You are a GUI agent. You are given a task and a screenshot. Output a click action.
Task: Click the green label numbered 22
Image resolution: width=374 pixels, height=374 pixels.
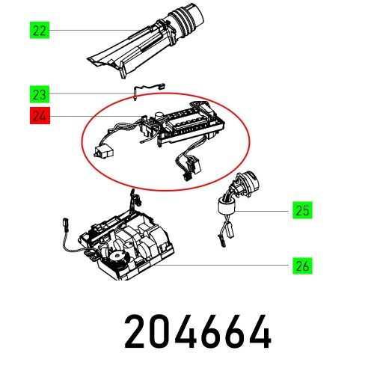[x=39, y=31]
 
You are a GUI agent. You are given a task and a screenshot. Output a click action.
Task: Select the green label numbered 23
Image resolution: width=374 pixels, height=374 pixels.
[x=39, y=94]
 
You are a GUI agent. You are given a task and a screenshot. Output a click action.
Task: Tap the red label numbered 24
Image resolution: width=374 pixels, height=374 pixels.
[x=39, y=116]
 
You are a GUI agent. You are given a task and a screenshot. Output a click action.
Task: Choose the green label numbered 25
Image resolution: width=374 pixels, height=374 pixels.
[x=301, y=211]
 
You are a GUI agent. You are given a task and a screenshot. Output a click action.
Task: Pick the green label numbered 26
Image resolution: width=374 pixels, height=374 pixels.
[x=301, y=265]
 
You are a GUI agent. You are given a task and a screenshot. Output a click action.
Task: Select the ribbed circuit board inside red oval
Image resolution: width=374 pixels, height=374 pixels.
[x=187, y=121]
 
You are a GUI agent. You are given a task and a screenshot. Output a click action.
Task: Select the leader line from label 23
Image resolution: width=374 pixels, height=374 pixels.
[x=90, y=93]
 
